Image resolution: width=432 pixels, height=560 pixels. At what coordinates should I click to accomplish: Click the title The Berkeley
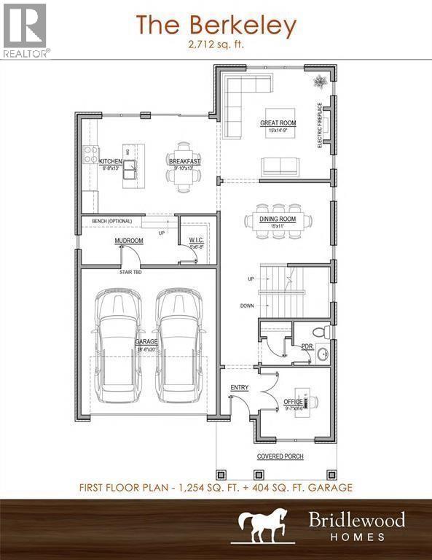click(216, 26)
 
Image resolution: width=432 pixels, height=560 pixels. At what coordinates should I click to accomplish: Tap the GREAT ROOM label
click(278, 123)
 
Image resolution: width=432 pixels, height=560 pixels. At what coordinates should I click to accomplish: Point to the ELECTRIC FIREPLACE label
click(319, 125)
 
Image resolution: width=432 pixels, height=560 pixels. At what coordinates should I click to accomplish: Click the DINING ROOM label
click(278, 218)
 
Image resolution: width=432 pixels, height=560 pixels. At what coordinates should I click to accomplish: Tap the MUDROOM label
click(128, 240)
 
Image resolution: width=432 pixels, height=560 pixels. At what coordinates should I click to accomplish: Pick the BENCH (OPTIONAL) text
click(110, 221)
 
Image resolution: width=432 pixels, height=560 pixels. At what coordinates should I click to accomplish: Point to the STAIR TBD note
click(131, 271)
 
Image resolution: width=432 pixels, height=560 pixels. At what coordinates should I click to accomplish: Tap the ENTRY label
click(240, 387)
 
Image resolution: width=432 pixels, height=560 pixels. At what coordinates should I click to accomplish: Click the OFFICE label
click(293, 401)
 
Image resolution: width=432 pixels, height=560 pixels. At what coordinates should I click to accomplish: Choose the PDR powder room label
click(307, 347)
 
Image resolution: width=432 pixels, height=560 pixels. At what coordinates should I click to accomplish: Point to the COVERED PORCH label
click(280, 456)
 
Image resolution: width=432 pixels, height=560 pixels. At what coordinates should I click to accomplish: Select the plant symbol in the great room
click(321, 79)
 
